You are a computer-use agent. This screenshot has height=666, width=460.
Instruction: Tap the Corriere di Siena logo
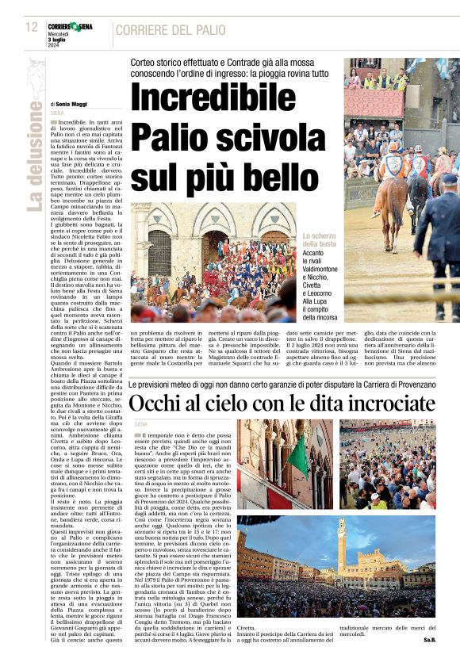[70, 27]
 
